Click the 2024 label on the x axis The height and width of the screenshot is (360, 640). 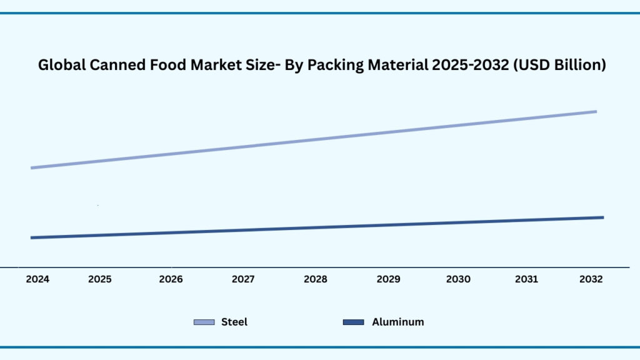pos(37,279)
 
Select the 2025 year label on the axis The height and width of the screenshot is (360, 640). pos(100,279)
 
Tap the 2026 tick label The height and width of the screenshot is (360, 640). pos(171,279)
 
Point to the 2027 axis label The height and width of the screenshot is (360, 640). pos(242,279)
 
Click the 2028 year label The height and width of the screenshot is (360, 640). pos(315,279)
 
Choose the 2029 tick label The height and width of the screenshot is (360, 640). pos(388,279)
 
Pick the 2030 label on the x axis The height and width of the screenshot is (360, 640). pos(458,279)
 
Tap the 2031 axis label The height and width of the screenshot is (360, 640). pos(526,279)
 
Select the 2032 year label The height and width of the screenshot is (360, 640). pos(591,279)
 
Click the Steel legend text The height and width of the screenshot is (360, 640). pos(234,322)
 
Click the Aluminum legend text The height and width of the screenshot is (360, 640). pos(397,322)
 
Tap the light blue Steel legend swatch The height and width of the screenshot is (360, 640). pos(204,322)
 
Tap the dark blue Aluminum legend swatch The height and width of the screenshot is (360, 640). pos(354,322)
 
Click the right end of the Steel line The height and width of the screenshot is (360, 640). pos(596,111)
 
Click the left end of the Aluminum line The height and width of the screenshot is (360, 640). pos(32,237)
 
